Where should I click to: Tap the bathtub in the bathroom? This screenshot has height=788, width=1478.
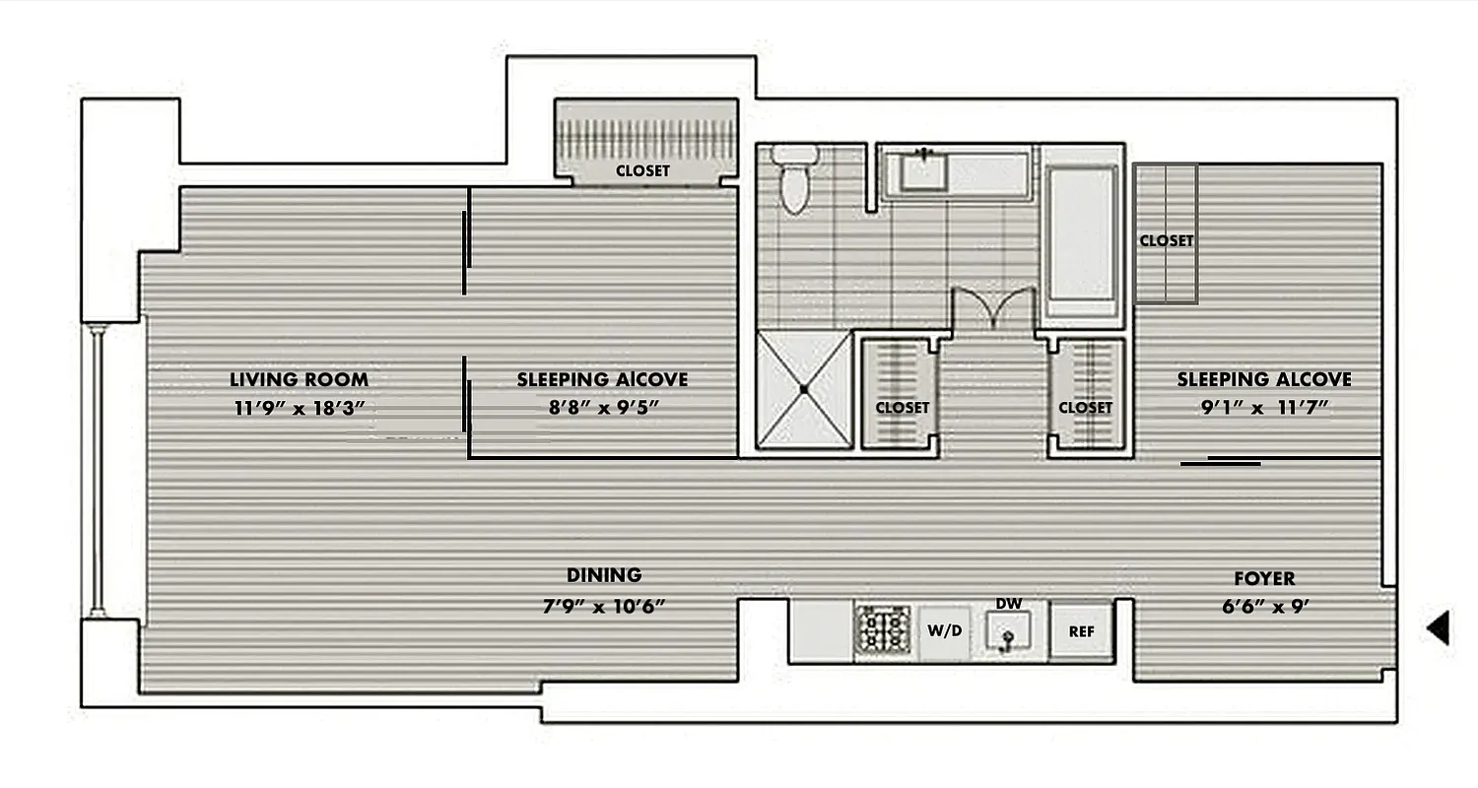tap(1081, 233)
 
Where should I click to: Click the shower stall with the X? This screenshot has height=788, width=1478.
tap(804, 390)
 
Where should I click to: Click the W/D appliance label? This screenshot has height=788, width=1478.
tap(944, 631)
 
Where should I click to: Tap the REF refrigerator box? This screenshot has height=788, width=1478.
tap(1081, 631)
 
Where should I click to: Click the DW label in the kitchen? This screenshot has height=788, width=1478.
tap(1007, 603)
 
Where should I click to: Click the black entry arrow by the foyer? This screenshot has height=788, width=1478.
tap(1440, 627)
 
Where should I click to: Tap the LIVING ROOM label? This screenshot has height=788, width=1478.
tap(299, 379)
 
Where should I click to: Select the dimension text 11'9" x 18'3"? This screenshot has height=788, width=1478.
tap(299, 408)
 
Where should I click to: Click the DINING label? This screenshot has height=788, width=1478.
tap(604, 575)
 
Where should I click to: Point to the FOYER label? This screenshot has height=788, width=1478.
tap(1264, 578)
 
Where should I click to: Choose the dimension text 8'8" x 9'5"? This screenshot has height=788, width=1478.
tap(602, 408)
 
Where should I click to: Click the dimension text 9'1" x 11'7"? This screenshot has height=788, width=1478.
tap(1264, 408)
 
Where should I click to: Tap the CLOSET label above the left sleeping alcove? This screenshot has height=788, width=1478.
tap(642, 170)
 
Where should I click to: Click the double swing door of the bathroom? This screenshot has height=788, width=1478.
tap(992, 309)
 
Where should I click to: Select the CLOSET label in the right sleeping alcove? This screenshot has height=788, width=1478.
tap(1166, 240)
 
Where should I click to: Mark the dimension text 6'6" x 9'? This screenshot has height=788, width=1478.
tap(1264, 607)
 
